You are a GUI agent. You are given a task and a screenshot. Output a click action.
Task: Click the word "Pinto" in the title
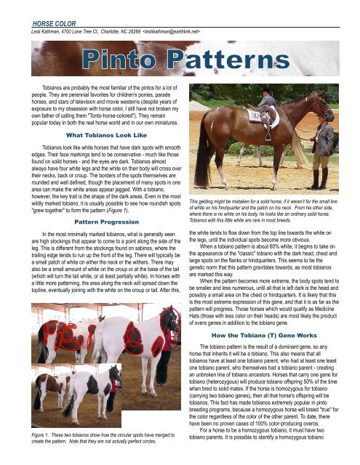point(127,58)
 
